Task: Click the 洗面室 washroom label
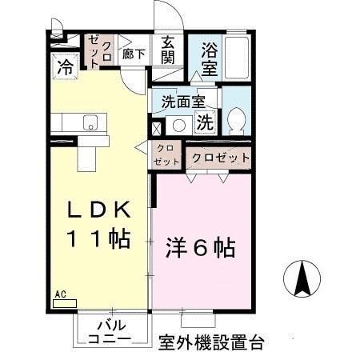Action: click(183, 102)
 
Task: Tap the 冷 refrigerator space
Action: click(64, 68)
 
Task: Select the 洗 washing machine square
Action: click(205, 123)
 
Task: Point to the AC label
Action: click(60, 294)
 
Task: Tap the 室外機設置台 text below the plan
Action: click(211, 342)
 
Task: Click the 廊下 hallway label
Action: click(133, 55)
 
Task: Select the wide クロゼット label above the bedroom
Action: click(221, 158)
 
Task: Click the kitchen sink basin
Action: click(90, 122)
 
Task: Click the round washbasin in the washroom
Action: click(180, 125)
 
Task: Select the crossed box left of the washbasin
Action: click(157, 126)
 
